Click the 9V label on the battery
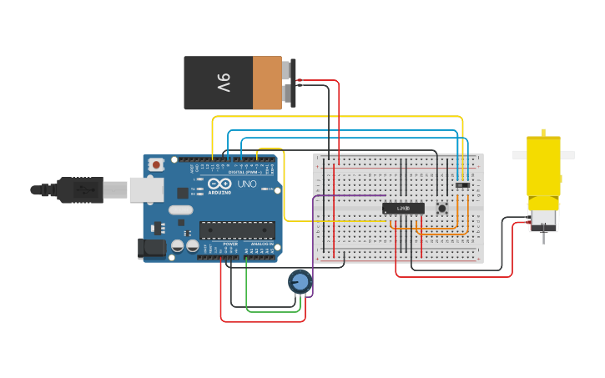[224, 83]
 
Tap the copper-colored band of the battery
[267, 83]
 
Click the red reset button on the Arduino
[156, 165]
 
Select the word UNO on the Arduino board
[247, 184]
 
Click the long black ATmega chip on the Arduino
[237, 230]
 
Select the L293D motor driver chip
[403, 208]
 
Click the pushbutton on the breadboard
[441, 208]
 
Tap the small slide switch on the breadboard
[462, 184]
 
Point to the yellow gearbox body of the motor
[543, 171]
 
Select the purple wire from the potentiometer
[314, 242]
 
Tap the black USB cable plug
[80, 190]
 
